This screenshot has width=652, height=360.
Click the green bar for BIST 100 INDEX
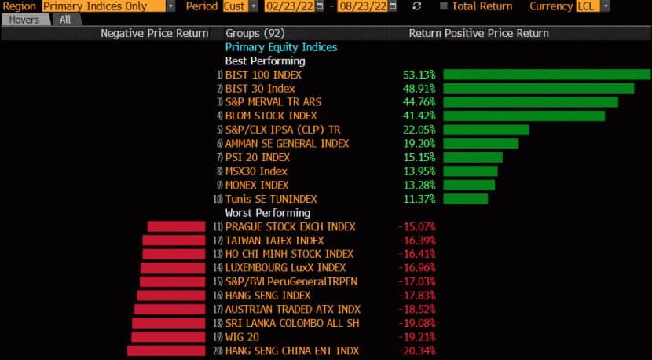(547, 75)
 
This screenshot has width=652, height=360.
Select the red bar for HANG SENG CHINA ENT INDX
(166, 351)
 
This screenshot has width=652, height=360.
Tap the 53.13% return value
(419, 75)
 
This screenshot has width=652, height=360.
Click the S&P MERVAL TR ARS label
(273, 102)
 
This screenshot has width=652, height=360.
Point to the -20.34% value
(416, 351)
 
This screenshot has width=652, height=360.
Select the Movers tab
(24, 20)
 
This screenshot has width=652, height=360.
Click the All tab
(65, 20)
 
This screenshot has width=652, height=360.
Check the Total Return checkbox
(445, 6)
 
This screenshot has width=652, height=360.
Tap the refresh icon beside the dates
(416, 6)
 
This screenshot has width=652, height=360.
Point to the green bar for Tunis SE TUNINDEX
(465, 199)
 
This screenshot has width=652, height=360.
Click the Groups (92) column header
(255, 34)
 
